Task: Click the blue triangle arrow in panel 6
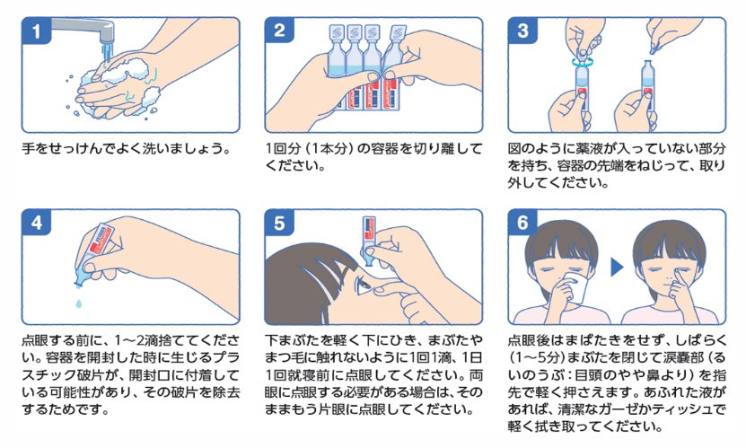[x=618, y=268]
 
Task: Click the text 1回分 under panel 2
[x=285, y=148]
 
